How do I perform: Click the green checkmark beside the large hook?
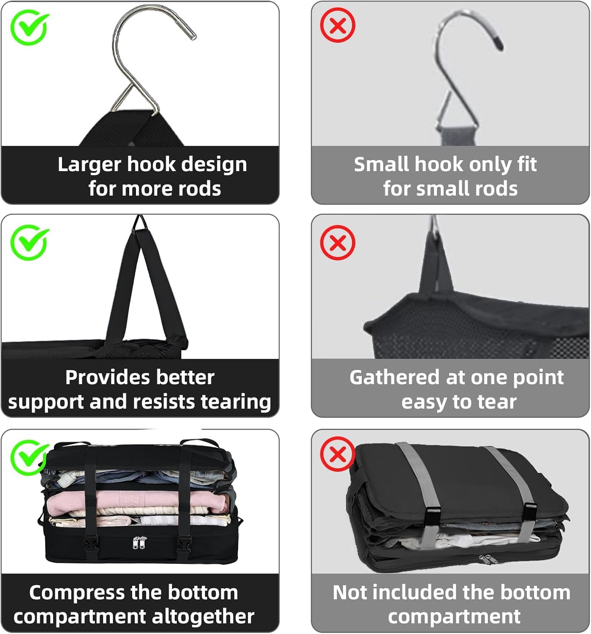coord(30,27)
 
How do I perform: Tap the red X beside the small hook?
coord(337,25)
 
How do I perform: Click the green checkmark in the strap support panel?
coord(30,243)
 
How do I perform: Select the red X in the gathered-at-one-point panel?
coord(337,243)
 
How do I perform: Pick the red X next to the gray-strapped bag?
coord(337,454)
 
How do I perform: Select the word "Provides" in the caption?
coord(108,377)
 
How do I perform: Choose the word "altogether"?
coord(203,617)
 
